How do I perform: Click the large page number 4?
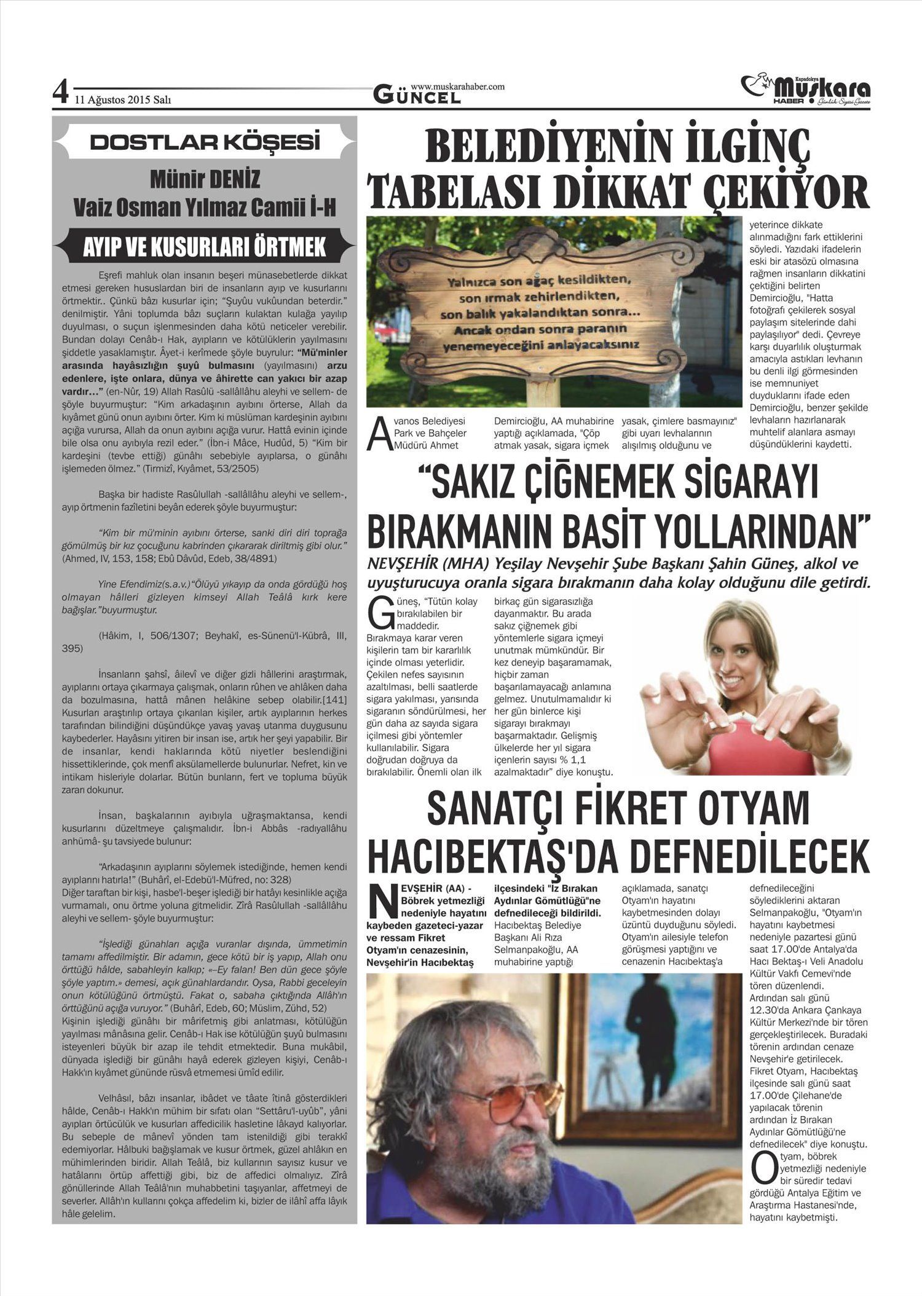[60, 93]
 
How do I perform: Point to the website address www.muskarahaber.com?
[457, 87]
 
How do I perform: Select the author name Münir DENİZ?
[205, 179]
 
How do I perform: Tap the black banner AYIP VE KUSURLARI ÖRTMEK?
[205, 248]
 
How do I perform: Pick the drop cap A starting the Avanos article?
[377, 436]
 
